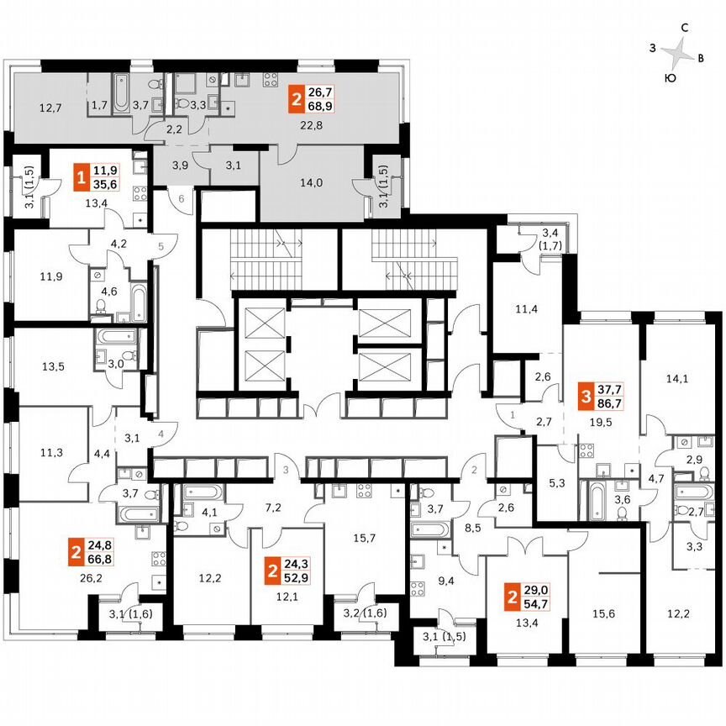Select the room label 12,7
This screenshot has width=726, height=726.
51,108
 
